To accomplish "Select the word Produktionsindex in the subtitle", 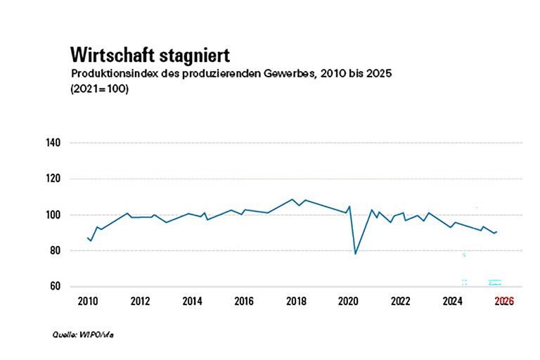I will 112,74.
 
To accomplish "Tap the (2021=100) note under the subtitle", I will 99,90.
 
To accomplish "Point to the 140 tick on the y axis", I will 54,143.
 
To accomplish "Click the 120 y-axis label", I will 54,179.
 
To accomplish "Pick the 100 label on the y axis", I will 54,214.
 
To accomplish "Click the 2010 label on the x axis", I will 88,302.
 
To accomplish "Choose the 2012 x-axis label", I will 140,302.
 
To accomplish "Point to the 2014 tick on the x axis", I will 192,302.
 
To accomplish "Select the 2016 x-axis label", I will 244,302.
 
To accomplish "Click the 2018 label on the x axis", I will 296,302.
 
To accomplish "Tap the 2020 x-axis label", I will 348,302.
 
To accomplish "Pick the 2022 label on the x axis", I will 400,302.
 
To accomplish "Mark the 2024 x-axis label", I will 452,302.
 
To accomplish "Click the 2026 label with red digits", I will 503,302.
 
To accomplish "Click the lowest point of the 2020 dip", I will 355,254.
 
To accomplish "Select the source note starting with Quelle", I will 83,334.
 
